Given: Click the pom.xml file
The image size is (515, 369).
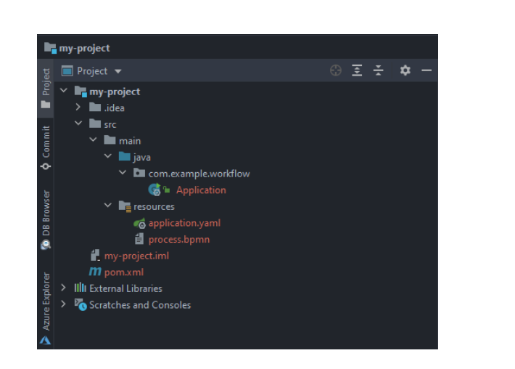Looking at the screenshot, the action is coord(124,272).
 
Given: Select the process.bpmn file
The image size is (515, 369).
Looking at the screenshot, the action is coord(179,240).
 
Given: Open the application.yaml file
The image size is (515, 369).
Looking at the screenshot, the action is coord(184,223).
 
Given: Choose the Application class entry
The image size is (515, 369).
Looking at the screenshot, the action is coord(201,190).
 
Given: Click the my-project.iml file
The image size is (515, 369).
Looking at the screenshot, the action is coord(136,256).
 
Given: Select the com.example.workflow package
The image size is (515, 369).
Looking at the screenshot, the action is coord(199,174).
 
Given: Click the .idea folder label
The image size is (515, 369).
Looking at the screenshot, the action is coord(115,108).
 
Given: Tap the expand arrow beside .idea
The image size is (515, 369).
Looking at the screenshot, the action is coord(78,107).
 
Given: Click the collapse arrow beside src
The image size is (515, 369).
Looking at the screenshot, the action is coord(78,123).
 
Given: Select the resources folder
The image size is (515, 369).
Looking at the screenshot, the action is coord(154,206).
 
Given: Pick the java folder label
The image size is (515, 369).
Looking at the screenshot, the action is coord(142,157).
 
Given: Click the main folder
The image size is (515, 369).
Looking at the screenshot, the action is coord(130,141).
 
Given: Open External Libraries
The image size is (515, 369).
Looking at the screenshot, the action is coord(125,288).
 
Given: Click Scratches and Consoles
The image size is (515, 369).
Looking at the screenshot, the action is coord(140,305).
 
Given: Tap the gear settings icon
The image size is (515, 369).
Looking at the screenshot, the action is coord(405,70).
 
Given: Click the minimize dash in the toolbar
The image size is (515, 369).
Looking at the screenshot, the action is coord(427,70).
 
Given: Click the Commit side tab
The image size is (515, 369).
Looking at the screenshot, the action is coord(46,147).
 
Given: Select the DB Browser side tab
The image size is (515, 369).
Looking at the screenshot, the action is coord(46,219).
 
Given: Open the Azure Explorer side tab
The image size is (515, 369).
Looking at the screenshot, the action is coord(46,308).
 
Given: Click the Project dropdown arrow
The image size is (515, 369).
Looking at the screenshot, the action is coord(118,71).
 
